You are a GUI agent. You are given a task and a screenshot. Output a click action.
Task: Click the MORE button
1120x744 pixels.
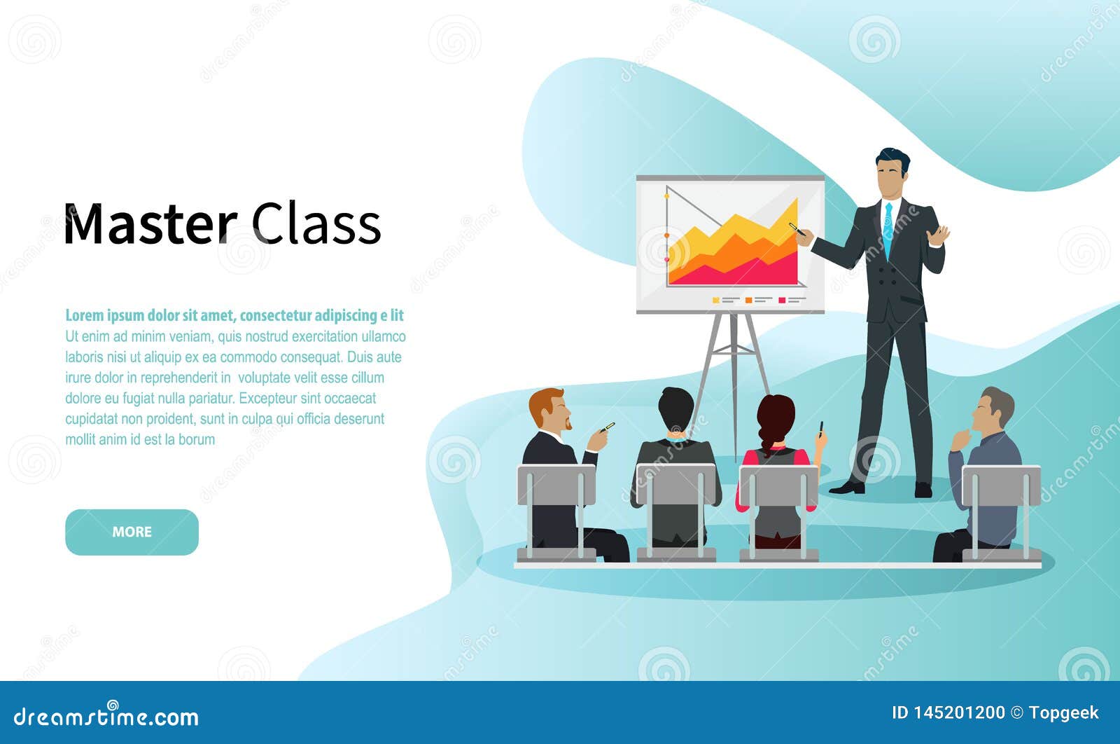click(132, 532)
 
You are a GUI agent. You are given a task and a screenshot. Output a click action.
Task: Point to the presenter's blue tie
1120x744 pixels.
click(888, 228)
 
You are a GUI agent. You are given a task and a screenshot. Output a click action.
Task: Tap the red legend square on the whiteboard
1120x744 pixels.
click(782, 300)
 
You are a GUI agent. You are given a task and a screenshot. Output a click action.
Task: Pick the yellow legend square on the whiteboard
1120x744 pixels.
click(715, 300)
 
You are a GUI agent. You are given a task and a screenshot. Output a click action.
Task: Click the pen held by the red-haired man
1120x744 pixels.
click(608, 427)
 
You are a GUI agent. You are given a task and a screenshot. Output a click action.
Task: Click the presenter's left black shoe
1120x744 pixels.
click(848, 488)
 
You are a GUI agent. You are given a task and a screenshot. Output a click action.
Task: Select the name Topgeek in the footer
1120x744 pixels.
click(1063, 713)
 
